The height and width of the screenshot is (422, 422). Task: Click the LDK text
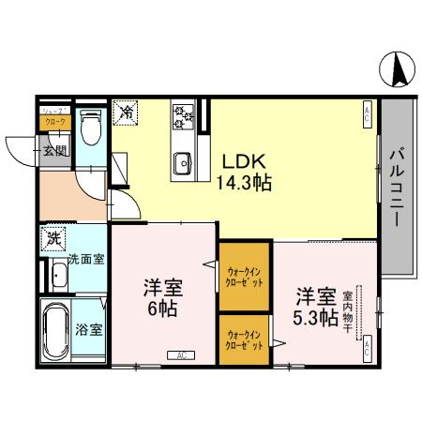click(242, 158)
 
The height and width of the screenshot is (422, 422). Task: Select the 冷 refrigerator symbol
click(124, 112)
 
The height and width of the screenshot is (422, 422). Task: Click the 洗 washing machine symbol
click(53, 237)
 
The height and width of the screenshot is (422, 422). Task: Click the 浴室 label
click(90, 330)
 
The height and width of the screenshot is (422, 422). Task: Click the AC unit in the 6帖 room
click(179, 354)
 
